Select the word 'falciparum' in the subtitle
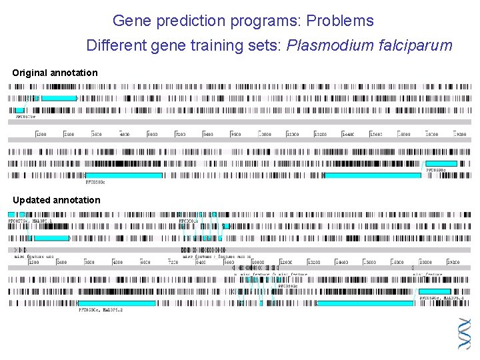416,45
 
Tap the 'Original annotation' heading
55,73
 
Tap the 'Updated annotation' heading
57,200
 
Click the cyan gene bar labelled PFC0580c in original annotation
123,175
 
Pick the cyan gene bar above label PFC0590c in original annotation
441,163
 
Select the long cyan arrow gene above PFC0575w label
56,98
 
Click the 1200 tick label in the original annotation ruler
41,134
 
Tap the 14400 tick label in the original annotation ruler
347,134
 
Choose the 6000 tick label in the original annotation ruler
152,134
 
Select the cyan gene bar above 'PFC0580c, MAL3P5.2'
117,303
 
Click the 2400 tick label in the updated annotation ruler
61,262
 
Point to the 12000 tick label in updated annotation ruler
286,262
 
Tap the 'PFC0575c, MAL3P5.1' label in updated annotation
29,219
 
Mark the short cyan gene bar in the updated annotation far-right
434,291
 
